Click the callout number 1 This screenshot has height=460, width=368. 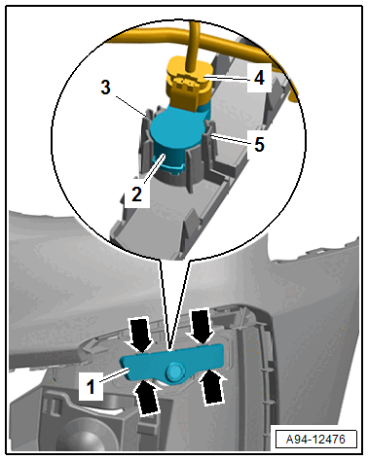(x=91, y=386)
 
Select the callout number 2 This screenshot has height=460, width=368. (x=136, y=195)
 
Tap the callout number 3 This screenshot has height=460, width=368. (x=105, y=88)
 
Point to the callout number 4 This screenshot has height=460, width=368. (x=259, y=78)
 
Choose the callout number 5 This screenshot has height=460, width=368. (x=259, y=144)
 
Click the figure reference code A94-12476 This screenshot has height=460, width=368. (x=315, y=440)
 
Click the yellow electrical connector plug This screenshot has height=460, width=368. (x=189, y=83)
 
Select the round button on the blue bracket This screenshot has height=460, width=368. (x=175, y=372)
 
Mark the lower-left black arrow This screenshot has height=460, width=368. (x=147, y=397)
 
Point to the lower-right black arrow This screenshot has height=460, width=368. (x=212, y=387)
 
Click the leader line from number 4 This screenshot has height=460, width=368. (x=225, y=78)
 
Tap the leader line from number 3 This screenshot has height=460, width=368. (x=130, y=106)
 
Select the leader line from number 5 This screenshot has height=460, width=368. (x=228, y=139)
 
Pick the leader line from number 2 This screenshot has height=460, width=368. (x=153, y=169)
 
